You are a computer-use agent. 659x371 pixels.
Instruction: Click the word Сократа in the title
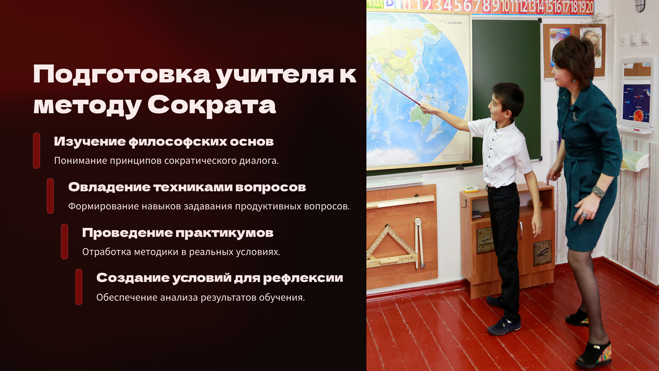click(212, 105)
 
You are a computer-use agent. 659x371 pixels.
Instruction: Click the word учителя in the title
click(275, 76)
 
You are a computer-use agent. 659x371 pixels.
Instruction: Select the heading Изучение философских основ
click(164, 142)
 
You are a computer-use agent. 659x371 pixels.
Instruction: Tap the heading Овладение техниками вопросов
click(187, 187)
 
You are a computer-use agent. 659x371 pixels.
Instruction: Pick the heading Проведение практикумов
click(178, 233)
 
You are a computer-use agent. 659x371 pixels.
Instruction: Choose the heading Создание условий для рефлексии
click(220, 278)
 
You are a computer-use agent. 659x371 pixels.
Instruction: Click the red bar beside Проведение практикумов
click(64, 241)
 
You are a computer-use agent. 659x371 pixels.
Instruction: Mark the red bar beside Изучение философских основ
click(36, 150)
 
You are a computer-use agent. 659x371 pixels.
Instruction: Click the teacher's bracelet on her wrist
click(599, 192)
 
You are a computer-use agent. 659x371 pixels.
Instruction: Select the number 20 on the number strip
click(589, 7)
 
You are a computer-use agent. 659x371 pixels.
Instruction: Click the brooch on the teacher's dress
click(574, 116)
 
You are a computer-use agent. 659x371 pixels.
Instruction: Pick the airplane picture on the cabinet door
click(542, 253)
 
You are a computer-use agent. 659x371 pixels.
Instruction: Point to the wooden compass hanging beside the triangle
click(419, 243)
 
